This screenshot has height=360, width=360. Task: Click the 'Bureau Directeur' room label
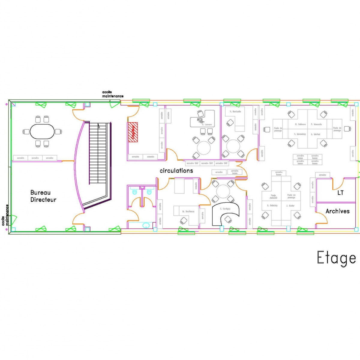click(43, 196)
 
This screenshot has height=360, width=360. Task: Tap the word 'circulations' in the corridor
click(176, 171)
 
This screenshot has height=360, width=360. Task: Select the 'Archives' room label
click(337, 211)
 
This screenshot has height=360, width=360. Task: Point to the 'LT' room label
click(340, 193)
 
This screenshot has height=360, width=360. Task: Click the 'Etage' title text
click(336, 258)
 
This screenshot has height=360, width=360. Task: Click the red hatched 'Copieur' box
click(133, 132)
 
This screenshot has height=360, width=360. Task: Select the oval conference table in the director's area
click(42, 131)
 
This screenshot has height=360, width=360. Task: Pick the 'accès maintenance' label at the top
click(112, 94)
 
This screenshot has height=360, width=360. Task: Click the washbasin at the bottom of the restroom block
click(146, 225)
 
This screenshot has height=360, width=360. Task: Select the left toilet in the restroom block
click(134, 191)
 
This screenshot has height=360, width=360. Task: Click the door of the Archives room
click(322, 219)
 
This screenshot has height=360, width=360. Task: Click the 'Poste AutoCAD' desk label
click(273, 196)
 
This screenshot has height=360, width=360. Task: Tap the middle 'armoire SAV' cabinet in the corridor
click(207, 163)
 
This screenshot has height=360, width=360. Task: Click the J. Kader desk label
click(290, 205)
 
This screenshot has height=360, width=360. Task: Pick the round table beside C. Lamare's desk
click(204, 147)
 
